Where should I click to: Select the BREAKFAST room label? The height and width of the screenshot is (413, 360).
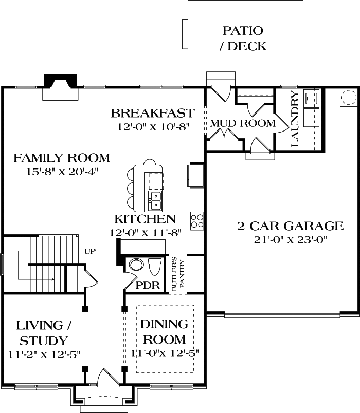pos(153,113)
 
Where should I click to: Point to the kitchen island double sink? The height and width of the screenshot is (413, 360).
pos(155,200)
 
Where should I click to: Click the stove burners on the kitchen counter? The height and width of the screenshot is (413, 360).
pos(197,220)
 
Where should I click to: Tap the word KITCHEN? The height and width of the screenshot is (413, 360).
pos(145,219)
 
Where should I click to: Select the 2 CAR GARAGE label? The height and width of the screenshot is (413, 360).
pos(290,226)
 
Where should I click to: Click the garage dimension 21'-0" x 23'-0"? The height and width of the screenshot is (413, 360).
pos(290,239)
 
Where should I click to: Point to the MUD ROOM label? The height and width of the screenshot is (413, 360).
pos(242,124)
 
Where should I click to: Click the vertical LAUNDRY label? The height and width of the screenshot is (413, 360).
pos(295,119)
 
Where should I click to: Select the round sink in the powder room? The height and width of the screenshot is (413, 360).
pos(136,265)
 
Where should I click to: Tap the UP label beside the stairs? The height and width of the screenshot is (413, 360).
pos(89,251)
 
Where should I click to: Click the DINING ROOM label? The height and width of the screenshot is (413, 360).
pos(164,332)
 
